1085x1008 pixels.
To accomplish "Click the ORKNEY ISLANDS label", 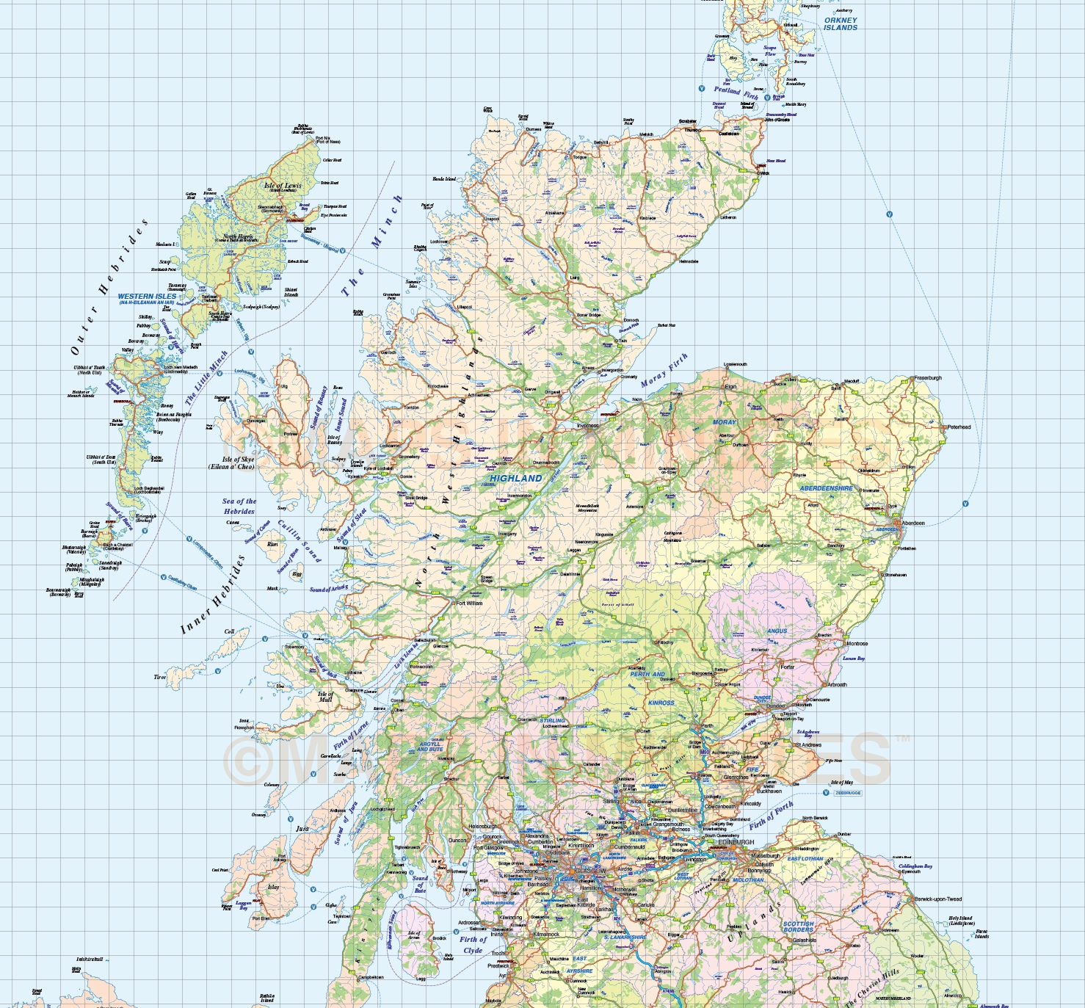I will (841, 24).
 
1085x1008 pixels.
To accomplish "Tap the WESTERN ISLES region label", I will (147, 298).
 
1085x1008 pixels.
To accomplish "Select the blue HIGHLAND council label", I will (516, 478).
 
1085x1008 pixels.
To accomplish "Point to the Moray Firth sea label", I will (664, 370).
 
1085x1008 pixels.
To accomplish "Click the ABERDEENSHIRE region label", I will (826, 488).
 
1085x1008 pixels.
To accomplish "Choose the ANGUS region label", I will (777, 631).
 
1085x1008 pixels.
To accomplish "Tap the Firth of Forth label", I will (771, 815).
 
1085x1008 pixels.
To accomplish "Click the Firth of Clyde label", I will (473, 944).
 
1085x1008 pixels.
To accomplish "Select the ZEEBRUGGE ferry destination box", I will (848, 793).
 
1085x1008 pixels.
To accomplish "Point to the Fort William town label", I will (469, 603).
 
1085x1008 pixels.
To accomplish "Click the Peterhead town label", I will (959, 427).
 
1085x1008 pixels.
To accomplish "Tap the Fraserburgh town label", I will (928, 378).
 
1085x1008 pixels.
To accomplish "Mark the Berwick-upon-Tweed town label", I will (937, 899).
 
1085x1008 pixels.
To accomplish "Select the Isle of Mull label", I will (325, 696).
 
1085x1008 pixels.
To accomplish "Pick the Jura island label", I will (302, 828).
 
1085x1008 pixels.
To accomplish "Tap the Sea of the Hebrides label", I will (239, 506).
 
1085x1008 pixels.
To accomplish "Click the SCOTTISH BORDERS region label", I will (798, 927).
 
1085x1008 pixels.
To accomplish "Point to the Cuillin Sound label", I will (300, 541).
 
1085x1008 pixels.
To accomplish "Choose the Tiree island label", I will (159, 677).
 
